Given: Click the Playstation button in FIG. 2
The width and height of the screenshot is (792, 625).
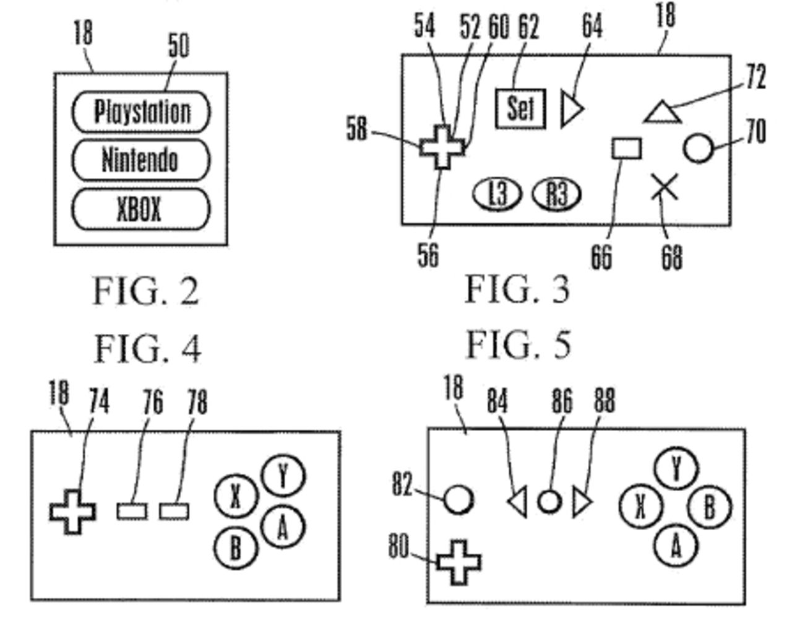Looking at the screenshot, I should (x=141, y=112).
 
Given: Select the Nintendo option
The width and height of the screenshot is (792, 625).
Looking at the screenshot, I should (x=140, y=160).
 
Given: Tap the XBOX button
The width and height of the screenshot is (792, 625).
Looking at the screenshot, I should (x=140, y=209).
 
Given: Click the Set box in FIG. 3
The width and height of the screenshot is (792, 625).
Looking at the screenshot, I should (x=520, y=109).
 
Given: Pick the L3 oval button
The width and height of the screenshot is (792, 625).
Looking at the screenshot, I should (x=497, y=194).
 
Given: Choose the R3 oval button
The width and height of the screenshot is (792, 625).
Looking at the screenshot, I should (x=557, y=194).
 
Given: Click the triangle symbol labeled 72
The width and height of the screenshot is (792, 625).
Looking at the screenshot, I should (x=663, y=114).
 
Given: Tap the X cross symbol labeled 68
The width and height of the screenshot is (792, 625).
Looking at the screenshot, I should (x=665, y=187).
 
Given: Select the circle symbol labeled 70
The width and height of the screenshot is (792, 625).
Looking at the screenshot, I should (x=699, y=149).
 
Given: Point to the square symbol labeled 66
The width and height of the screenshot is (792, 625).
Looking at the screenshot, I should (x=627, y=149).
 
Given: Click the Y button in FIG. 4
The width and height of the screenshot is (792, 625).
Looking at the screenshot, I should (x=283, y=477).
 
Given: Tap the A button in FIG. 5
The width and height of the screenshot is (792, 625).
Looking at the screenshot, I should (x=676, y=546).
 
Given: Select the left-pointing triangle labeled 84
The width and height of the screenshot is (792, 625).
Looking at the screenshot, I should (x=518, y=502).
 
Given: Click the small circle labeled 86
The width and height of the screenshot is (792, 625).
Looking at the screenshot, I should (x=549, y=501).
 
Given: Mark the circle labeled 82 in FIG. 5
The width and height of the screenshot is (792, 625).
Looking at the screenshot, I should (x=458, y=499).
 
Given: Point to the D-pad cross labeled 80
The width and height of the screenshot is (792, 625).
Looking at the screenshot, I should (x=458, y=562).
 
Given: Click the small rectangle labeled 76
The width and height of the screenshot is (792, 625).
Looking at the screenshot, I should (x=132, y=511).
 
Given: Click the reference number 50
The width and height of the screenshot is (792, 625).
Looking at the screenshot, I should (x=179, y=46).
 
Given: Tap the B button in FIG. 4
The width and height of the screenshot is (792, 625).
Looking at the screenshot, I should (x=236, y=548).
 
